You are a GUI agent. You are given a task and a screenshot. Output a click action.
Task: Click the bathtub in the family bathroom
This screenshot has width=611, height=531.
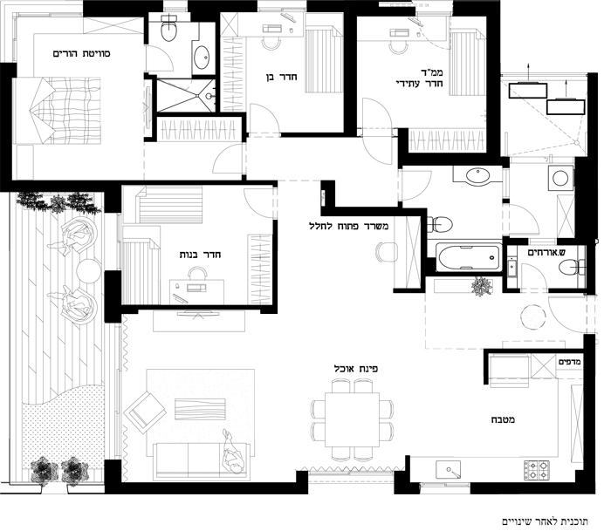click(x=469, y=257)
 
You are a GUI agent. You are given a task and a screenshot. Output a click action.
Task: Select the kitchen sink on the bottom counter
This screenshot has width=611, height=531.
click(x=448, y=469)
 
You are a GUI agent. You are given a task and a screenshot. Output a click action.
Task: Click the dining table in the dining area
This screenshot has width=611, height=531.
click(x=352, y=420)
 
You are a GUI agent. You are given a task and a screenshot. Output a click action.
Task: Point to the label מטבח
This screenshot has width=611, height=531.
click(x=503, y=419)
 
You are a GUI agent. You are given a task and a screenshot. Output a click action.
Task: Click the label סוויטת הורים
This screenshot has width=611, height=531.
click(x=81, y=53)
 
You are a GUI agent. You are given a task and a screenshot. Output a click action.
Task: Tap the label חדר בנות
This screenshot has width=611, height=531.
click(x=200, y=255)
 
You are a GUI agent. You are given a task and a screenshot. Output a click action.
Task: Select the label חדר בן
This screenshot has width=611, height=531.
click(x=281, y=77)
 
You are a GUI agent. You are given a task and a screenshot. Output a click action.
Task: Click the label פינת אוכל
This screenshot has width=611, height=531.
click(x=356, y=368)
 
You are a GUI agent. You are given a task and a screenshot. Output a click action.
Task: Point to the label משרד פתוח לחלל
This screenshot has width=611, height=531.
click(x=348, y=226)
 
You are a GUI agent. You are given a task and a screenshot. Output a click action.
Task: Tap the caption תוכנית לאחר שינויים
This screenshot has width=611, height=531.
click(x=545, y=521)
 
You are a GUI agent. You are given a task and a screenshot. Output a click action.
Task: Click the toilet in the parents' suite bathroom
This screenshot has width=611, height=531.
click(x=168, y=29)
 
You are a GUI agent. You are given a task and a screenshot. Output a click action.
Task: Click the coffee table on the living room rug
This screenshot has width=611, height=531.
click(x=200, y=409)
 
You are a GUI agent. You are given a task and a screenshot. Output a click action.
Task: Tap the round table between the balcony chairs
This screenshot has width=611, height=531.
click(x=88, y=270)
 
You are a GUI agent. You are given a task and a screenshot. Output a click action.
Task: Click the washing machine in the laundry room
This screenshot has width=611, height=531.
click(x=560, y=178)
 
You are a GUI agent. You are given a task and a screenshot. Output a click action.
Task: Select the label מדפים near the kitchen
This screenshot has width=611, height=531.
click(x=570, y=362)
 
